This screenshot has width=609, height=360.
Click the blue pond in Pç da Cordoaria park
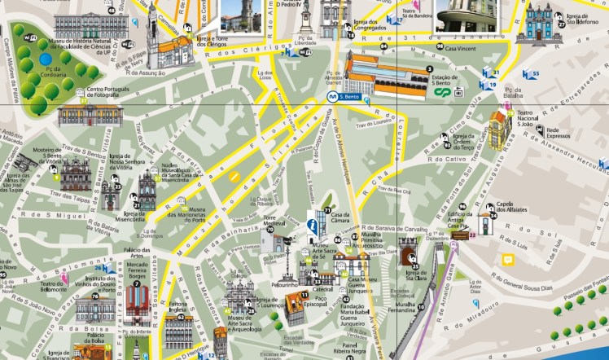(x=45, y=59)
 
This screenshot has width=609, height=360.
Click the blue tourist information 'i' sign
(x=311, y=226)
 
